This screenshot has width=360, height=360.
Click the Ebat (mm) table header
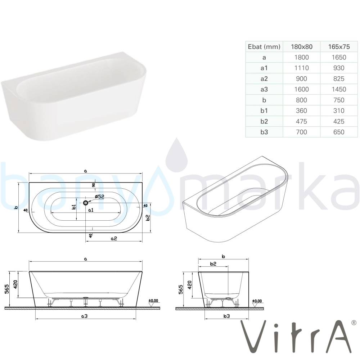264,47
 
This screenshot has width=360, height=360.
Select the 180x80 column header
301,47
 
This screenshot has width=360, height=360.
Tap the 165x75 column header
339,47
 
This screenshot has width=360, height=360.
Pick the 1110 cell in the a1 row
301,68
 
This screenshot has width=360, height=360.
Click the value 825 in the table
339,79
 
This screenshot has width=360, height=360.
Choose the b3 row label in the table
264,132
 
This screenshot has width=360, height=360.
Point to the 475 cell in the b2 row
301,121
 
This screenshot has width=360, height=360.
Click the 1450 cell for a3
339,89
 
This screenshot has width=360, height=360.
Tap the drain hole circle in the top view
86,203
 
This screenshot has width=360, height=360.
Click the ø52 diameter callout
99,197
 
